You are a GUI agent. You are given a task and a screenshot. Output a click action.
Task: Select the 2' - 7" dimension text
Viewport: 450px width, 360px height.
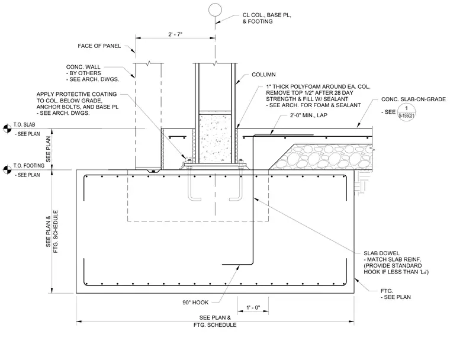tap(175, 34)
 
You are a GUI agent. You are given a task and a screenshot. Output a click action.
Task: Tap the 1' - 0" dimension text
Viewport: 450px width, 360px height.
tap(253, 308)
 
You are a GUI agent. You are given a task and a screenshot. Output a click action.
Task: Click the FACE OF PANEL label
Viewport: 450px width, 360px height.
tap(99, 46)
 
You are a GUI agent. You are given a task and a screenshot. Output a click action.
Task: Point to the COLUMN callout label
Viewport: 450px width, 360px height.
tap(263, 75)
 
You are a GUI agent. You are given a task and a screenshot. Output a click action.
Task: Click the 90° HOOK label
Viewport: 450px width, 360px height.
tap(195, 303)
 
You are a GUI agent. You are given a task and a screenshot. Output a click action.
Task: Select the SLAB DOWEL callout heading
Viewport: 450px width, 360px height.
tap(381, 253)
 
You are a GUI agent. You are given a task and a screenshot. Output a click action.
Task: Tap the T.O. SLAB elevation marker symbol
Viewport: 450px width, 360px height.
tap(7, 128)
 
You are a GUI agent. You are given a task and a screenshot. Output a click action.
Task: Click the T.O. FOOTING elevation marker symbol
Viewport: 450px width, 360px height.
tap(7, 170)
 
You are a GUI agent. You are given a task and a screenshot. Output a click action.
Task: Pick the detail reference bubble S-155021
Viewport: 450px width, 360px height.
tap(406, 112)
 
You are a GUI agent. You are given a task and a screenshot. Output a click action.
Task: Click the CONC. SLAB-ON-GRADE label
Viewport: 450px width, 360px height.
tap(413, 99)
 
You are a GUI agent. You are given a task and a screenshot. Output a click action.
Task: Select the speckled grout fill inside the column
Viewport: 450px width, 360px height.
tap(215, 139)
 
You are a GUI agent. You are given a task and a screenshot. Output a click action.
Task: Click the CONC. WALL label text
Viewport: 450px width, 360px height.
tap(83, 67)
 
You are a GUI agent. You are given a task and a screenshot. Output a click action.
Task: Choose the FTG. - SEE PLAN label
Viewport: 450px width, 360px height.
tap(396, 294)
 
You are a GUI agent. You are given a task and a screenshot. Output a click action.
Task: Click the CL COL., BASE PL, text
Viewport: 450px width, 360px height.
tap(267, 15)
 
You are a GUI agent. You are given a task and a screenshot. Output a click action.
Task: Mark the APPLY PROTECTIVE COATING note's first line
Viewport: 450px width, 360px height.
tap(76, 94)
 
